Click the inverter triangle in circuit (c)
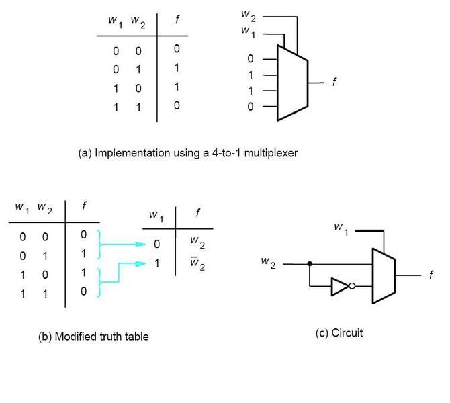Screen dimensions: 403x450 [x=340, y=287]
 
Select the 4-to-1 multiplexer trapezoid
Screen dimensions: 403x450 [x=292, y=82]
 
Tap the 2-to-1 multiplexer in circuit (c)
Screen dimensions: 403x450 [x=382, y=275]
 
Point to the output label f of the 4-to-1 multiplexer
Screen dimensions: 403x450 [x=334, y=82]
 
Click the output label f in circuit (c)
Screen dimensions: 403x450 [x=431, y=275]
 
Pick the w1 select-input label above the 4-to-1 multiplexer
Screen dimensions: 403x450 [x=248, y=32]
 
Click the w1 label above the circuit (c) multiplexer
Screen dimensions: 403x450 [x=342, y=228]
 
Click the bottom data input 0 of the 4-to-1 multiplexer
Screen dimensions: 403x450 [x=251, y=106]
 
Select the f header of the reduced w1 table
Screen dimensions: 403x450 [x=197, y=215]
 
